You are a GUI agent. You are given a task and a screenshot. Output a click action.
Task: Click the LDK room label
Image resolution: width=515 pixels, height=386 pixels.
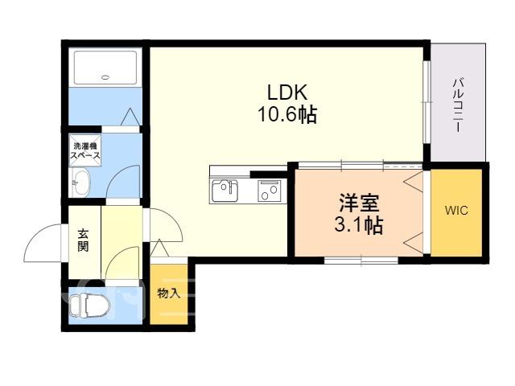[x=287, y=92]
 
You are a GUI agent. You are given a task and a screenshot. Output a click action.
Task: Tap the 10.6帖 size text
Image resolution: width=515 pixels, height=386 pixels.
[x=287, y=114]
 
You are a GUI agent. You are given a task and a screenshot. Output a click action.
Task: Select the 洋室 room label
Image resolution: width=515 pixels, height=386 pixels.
[x=359, y=203]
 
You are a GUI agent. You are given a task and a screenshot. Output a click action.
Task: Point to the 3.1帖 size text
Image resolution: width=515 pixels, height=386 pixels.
[x=359, y=225]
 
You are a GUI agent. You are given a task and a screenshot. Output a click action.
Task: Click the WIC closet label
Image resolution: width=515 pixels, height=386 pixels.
[x=456, y=211]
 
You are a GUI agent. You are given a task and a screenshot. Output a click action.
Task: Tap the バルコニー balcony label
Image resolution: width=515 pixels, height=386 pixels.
[x=458, y=105]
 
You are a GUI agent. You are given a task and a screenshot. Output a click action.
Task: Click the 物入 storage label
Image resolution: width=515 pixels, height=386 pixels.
[x=169, y=293]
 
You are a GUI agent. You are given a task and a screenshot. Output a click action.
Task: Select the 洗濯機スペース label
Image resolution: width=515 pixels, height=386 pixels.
[x=85, y=150]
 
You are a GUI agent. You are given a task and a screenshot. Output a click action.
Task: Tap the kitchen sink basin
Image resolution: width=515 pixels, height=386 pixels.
[x=225, y=191]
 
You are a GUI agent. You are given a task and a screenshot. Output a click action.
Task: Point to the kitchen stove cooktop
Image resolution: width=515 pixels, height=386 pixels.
[x=270, y=191]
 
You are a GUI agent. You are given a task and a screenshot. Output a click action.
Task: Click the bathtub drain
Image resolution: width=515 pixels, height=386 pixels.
[x=105, y=77]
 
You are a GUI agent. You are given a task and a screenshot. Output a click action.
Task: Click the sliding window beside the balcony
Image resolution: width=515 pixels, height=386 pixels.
[x=426, y=102]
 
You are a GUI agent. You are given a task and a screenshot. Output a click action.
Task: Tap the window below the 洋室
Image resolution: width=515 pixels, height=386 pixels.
[x=361, y=261]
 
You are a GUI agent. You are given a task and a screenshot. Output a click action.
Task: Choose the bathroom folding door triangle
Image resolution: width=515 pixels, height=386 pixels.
[x=130, y=117]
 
